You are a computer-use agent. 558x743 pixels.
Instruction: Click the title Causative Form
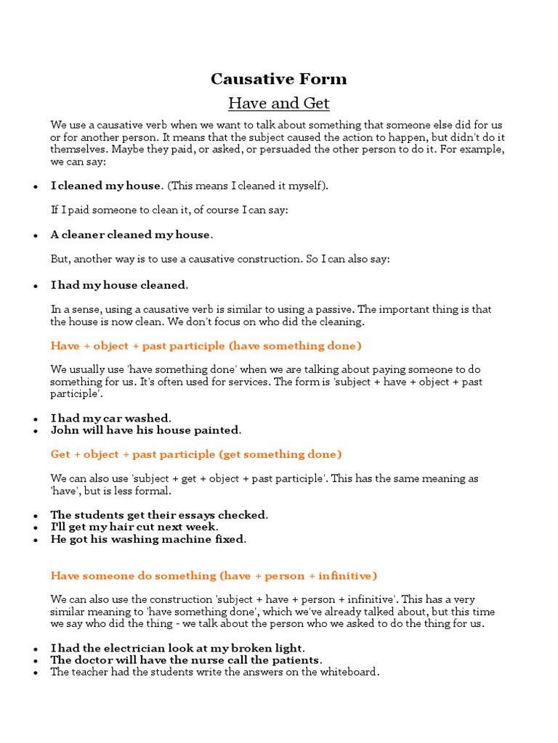pyautogui.click(x=278, y=79)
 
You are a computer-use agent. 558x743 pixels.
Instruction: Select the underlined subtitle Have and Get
pyautogui.click(x=278, y=104)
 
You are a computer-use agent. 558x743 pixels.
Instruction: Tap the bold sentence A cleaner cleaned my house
pyautogui.click(x=132, y=235)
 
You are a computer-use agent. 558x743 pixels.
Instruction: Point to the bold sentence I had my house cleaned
pyautogui.click(x=119, y=284)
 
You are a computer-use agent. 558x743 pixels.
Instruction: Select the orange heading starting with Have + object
pyautogui.click(x=206, y=346)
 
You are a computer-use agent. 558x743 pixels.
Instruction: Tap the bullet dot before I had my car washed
pyautogui.click(x=35, y=419)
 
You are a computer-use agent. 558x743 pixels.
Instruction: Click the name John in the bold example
pyautogui.click(x=63, y=430)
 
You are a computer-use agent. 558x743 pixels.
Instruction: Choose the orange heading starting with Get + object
pyautogui.click(x=195, y=454)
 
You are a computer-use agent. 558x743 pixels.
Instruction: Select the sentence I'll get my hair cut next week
pyautogui.click(x=134, y=528)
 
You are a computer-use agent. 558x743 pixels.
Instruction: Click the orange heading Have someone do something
pyautogui.click(x=214, y=576)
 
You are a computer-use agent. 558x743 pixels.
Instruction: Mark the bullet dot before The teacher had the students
pyautogui.click(x=35, y=673)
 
